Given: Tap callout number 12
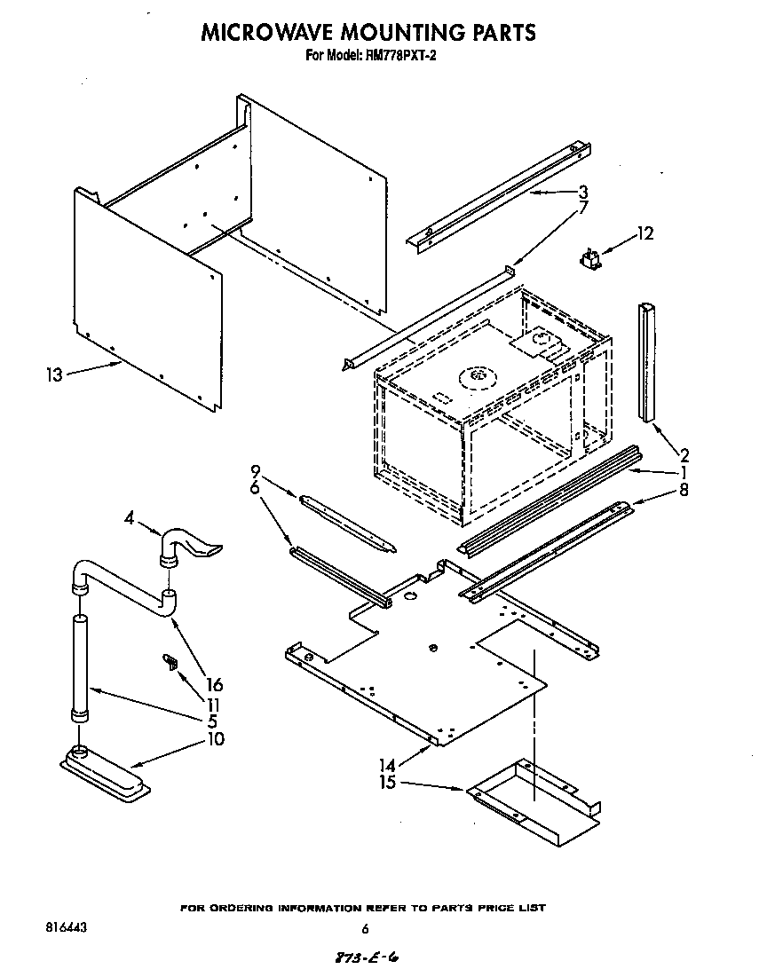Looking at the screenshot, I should [644, 234].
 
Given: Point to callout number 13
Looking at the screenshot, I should [55, 374].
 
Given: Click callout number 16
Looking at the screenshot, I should [213, 685].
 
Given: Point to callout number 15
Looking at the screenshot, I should [388, 783].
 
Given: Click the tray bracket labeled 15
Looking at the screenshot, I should [533, 803].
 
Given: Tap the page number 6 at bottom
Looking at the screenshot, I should [365, 929].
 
